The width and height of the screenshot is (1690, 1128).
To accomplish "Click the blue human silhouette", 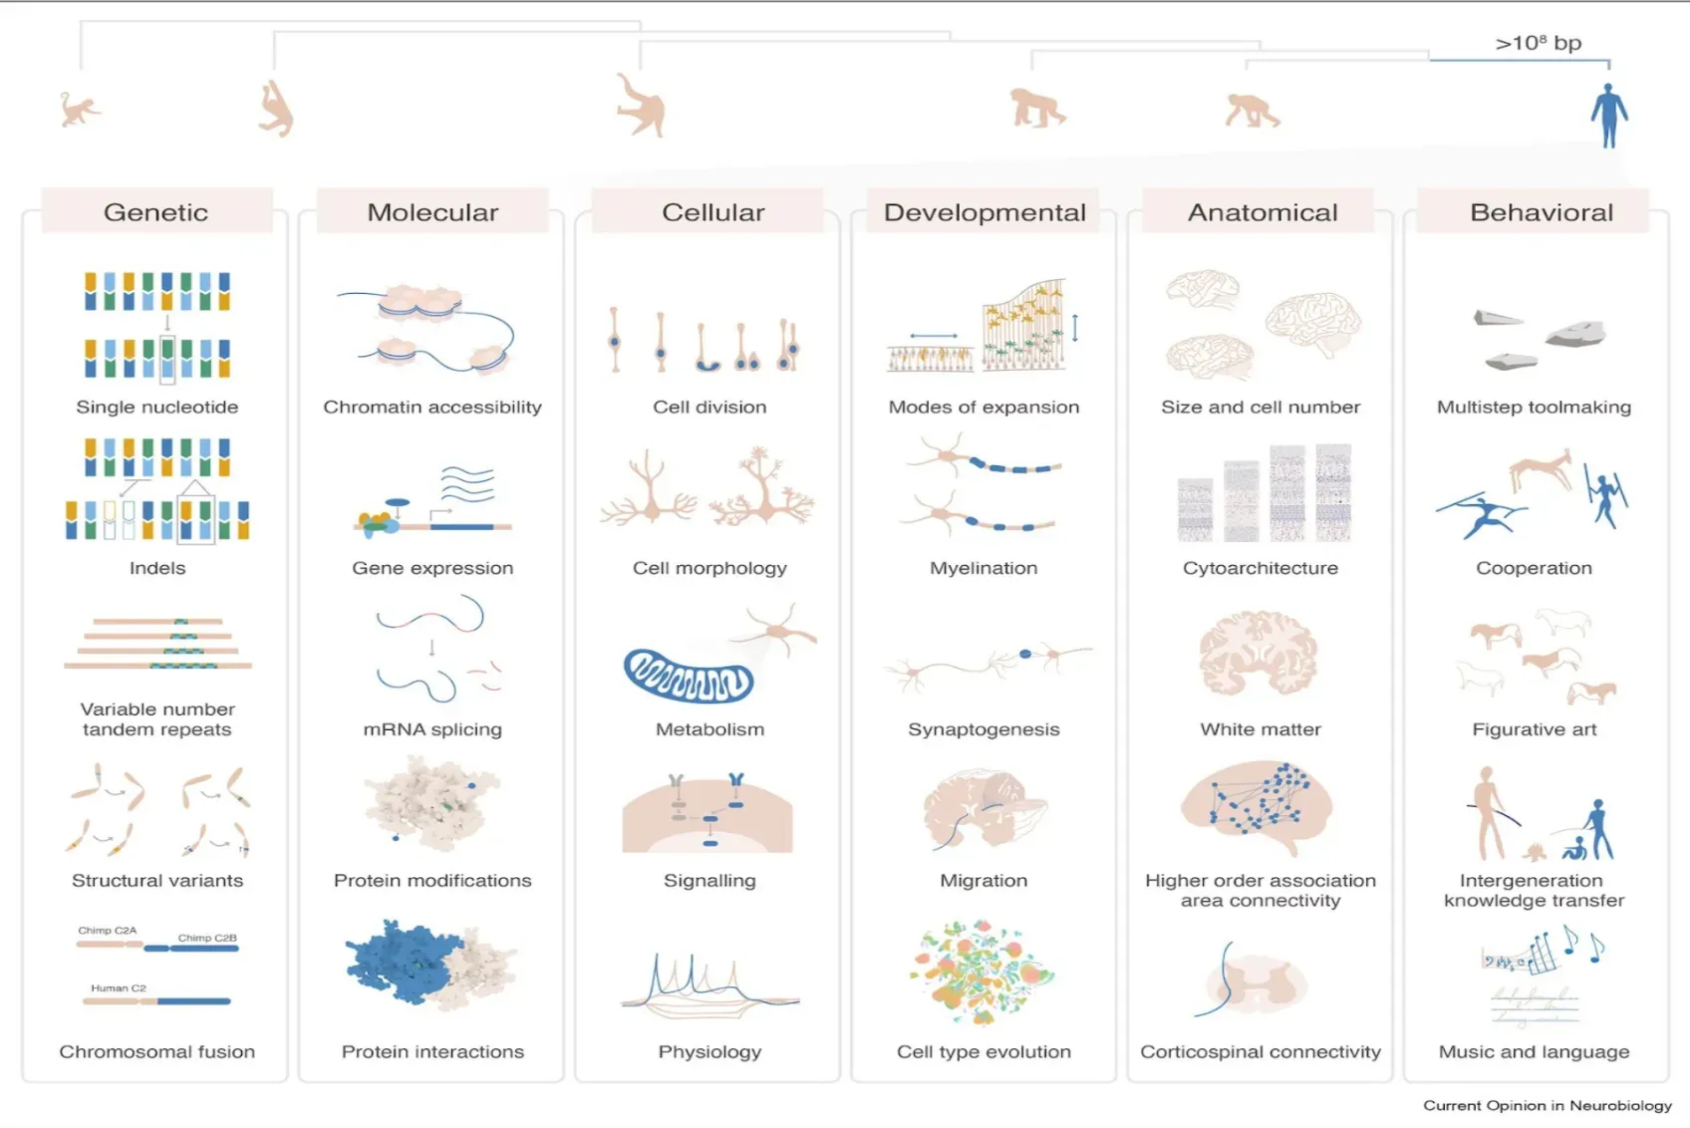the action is pyautogui.click(x=1608, y=115).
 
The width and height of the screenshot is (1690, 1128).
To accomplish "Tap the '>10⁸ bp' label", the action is pyautogui.click(x=1538, y=43).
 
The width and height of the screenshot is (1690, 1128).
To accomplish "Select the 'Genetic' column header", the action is pyautogui.click(x=156, y=212).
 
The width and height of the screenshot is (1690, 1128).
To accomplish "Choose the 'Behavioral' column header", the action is pyautogui.click(x=1542, y=212).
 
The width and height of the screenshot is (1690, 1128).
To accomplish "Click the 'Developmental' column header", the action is pyautogui.click(x=985, y=212).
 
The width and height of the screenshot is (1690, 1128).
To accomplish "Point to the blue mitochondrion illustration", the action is pyautogui.click(x=689, y=676).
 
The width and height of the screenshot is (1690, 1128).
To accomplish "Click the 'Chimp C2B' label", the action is pyautogui.click(x=207, y=937).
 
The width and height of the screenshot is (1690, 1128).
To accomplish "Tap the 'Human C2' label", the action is pyautogui.click(x=119, y=987).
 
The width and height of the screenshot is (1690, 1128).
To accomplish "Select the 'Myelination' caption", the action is pyautogui.click(x=984, y=568).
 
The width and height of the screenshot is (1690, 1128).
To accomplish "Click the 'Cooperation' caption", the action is pyautogui.click(x=1534, y=568).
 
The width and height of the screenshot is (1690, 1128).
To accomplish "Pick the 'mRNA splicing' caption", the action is pyautogui.click(x=432, y=729).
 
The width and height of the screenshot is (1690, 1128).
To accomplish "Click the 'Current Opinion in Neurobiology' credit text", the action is pyautogui.click(x=1548, y=1105).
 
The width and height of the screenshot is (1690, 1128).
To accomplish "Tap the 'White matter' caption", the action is pyautogui.click(x=1261, y=729).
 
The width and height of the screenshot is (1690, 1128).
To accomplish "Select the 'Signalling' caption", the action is pyautogui.click(x=709, y=881).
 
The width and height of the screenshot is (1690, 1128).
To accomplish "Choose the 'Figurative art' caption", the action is pyautogui.click(x=1534, y=729).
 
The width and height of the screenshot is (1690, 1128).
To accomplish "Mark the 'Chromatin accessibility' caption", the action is pyautogui.click(x=432, y=407).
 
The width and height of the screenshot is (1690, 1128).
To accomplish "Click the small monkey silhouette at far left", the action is pyautogui.click(x=79, y=111).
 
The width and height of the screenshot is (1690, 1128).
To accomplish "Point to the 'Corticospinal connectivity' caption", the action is pyautogui.click(x=1261, y=1052).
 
